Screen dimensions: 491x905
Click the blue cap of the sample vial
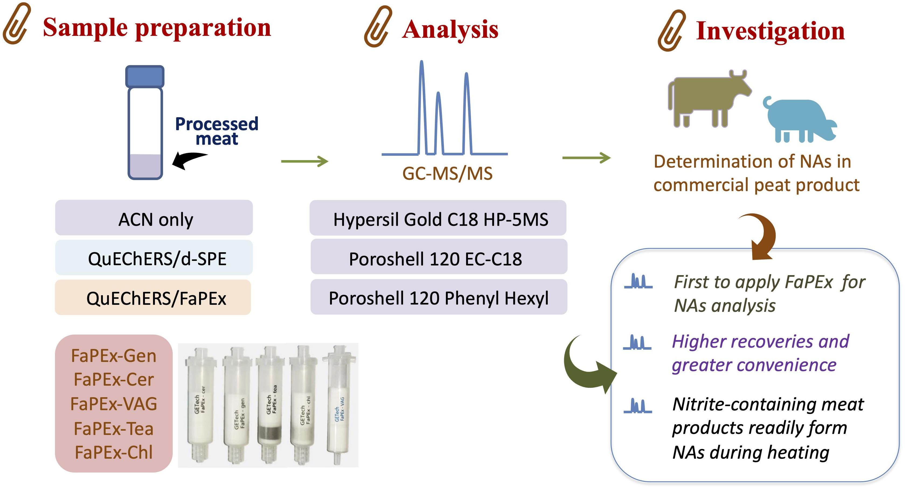145,76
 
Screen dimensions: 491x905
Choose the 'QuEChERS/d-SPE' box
154,258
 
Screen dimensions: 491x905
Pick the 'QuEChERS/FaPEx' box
153,297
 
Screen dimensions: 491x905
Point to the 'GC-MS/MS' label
447,174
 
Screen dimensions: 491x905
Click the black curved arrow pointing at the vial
188,160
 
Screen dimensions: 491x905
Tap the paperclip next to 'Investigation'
671,31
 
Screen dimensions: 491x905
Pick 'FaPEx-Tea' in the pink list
113,428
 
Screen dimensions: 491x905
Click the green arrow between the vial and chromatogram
304,161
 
